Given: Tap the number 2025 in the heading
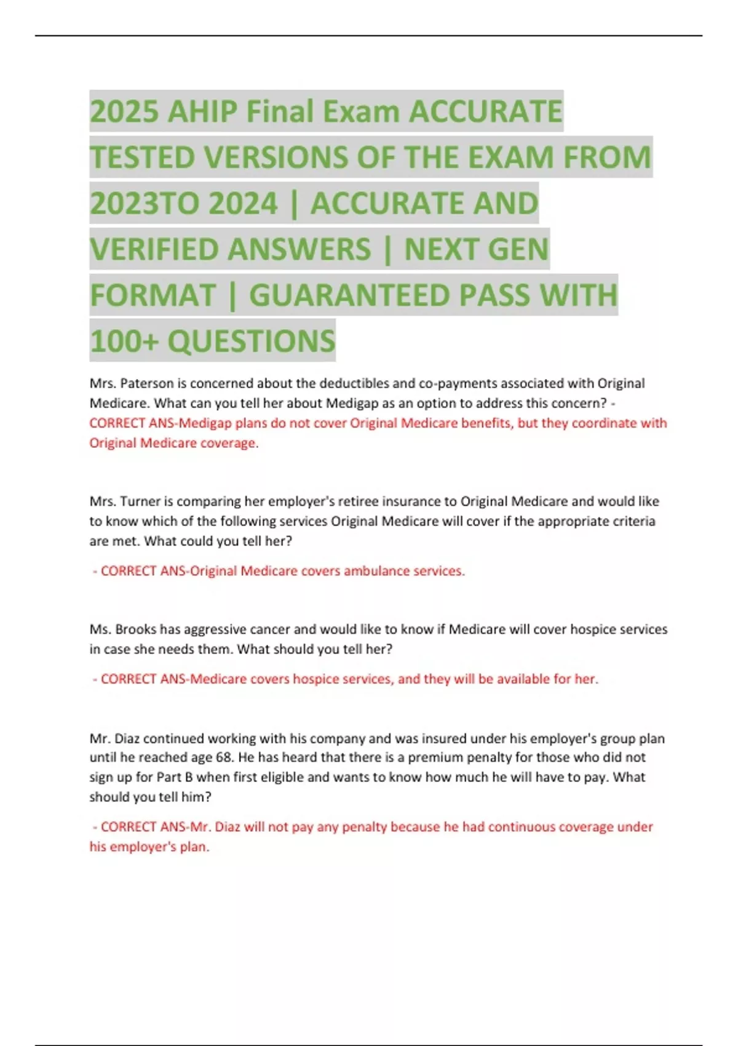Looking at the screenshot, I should [x=124, y=112].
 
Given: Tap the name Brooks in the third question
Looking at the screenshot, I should [x=136, y=629].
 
